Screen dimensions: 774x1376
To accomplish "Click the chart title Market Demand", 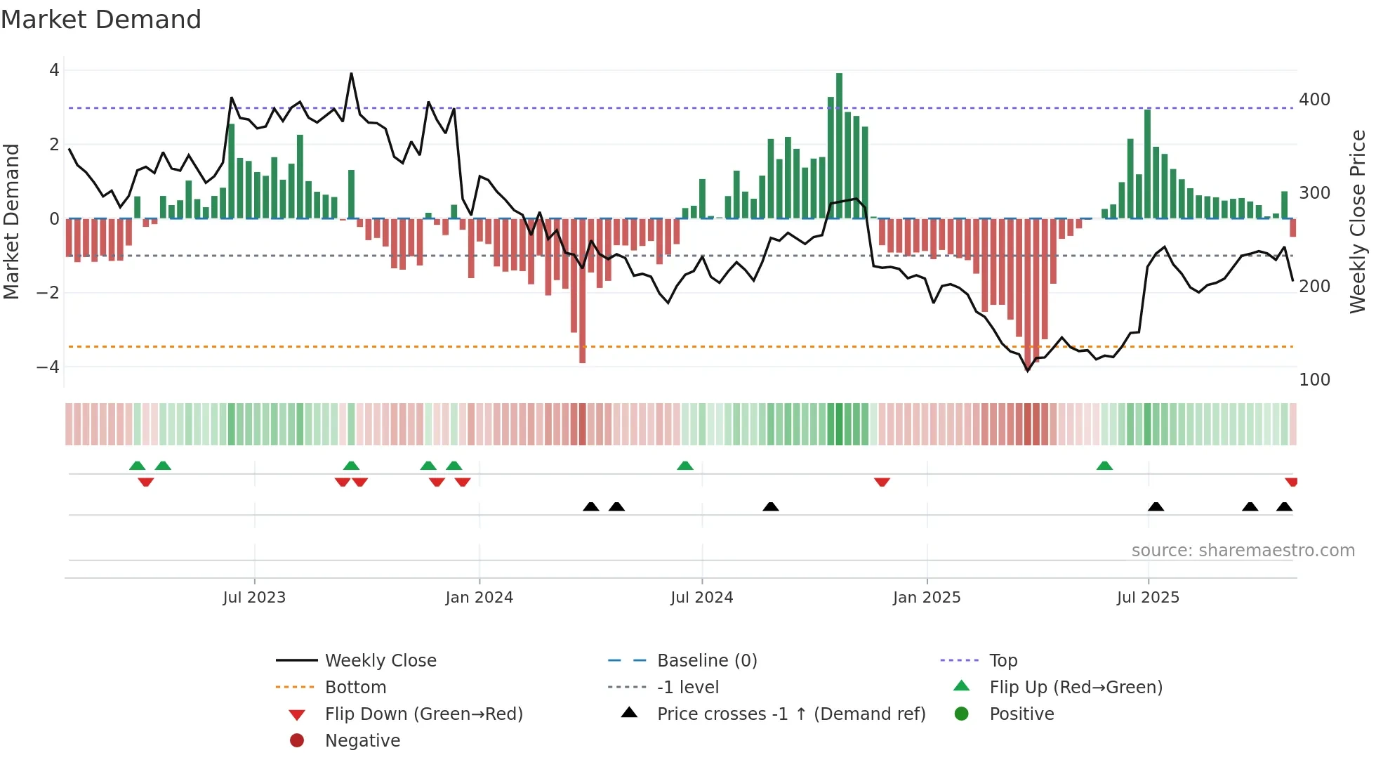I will [x=101, y=20].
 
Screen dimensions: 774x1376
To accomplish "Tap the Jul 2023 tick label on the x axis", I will [x=254, y=598].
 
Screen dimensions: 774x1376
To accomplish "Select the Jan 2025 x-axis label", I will [x=927, y=598].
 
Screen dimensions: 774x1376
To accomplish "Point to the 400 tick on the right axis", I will [x=1314, y=100].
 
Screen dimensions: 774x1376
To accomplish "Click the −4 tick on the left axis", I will [x=48, y=367].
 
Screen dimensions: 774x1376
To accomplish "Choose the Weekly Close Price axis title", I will [x=1358, y=221].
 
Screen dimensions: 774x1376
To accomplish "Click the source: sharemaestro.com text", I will [x=1243, y=551].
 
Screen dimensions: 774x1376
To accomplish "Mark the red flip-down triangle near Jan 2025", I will [x=882, y=482].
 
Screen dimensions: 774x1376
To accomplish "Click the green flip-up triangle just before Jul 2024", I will [x=685, y=465].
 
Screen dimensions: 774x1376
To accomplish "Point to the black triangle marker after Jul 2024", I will [x=771, y=506].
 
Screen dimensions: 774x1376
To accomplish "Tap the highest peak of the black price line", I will [x=351, y=74].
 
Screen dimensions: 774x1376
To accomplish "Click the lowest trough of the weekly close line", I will [x=1028, y=370].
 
